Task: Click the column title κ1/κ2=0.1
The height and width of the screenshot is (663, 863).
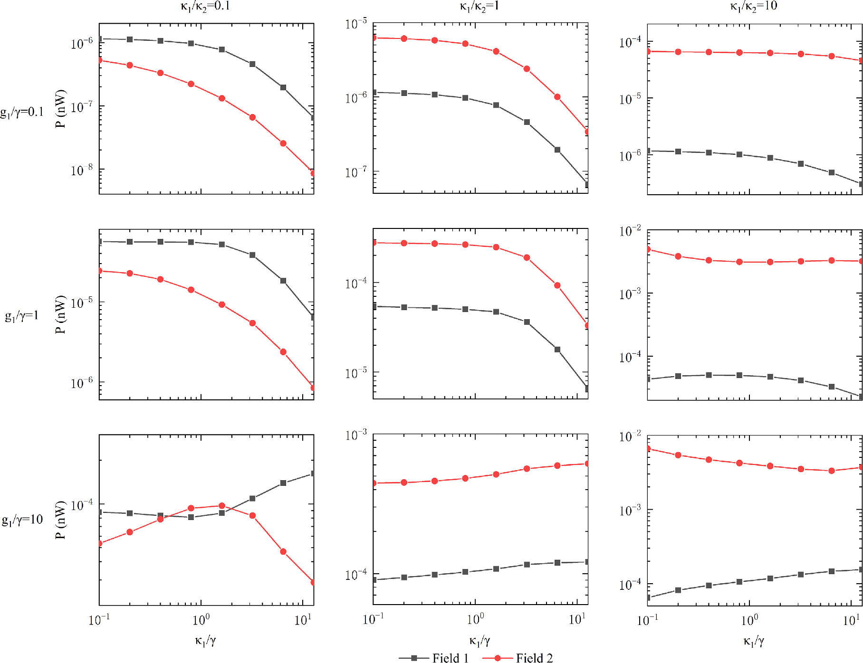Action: tap(205, 6)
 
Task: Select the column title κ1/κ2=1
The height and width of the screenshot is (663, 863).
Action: tap(479, 6)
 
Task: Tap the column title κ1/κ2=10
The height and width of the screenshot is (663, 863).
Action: tap(753, 6)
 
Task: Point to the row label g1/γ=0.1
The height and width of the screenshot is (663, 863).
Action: tap(22, 112)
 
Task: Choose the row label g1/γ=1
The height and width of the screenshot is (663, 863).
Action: tap(22, 316)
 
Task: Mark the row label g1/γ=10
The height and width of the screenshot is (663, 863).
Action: tap(22, 520)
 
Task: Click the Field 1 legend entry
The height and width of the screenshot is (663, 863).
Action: tap(434, 658)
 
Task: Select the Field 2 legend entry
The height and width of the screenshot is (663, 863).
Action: tap(518, 658)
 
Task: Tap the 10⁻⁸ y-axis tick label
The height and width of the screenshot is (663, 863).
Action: tap(82, 170)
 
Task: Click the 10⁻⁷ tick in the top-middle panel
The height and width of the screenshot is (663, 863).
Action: tap(356, 172)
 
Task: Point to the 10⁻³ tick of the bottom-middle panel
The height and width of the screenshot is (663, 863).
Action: tap(356, 435)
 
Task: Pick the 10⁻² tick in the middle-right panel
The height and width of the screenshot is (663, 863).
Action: tap(630, 231)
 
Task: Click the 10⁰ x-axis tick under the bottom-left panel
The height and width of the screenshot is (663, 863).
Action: tap(201, 620)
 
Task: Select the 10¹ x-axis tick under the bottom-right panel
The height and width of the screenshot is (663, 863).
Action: tap(851, 620)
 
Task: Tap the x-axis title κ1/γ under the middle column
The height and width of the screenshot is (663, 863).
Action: tap(479, 641)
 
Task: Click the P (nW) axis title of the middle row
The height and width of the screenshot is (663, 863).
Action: tap(60, 314)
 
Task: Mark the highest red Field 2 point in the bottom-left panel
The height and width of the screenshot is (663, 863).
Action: tap(222, 506)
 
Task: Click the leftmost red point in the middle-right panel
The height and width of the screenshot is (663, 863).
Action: tap(648, 249)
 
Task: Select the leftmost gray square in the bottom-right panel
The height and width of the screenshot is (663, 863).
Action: tap(648, 597)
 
